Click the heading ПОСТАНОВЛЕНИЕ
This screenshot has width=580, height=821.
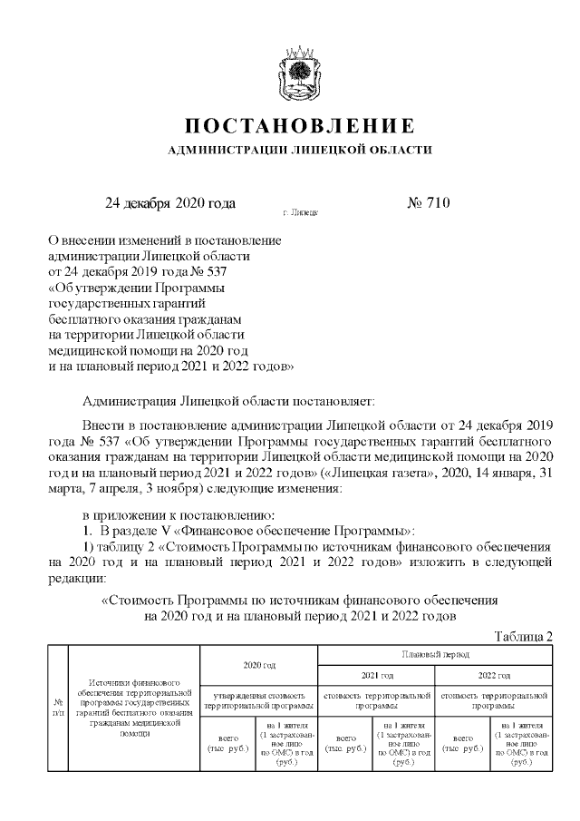click(x=300, y=124)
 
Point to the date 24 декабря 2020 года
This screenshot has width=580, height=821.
click(x=170, y=202)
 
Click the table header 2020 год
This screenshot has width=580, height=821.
click(x=259, y=665)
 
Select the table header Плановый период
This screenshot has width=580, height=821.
click(x=435, y=653)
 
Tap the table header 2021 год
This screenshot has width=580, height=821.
click(x=377, y=676)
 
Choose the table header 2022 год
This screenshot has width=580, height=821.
click(x=494, y=676)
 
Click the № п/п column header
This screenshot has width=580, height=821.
click(x=58, y=706)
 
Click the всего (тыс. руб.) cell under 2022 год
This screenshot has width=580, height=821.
click(x=464, y=744)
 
